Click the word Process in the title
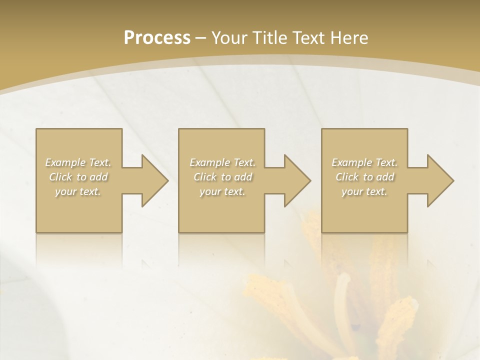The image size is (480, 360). point(157,38)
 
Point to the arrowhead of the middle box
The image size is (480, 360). point(296,180)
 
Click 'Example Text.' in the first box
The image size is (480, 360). point(78,162)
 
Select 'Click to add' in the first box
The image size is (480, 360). point(78,177)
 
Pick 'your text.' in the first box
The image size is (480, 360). point(78,191)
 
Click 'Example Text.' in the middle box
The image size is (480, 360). point(222,162)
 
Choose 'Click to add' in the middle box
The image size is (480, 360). point(222,177)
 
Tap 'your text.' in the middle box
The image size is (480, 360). point(222,191)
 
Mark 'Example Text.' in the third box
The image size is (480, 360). point(364,162)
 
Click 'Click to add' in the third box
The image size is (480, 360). point(364,177)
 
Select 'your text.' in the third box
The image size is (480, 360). point(364,191)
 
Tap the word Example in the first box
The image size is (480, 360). point(65,162)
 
